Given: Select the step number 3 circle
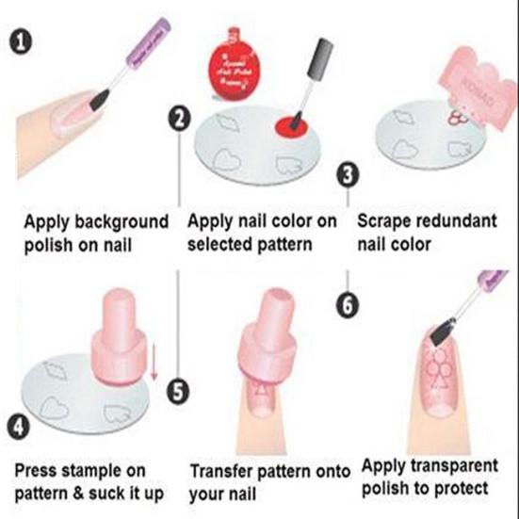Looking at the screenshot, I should (x=349, y=174).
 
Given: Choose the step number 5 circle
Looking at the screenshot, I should (x=180, y=389).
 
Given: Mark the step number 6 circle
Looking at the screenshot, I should (x=349, y=303).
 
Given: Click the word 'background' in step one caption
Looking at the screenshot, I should (x=122, y=223).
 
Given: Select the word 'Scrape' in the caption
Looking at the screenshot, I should (x=388, y=223).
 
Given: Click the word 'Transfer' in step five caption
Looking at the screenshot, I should (x=223, y=469).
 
